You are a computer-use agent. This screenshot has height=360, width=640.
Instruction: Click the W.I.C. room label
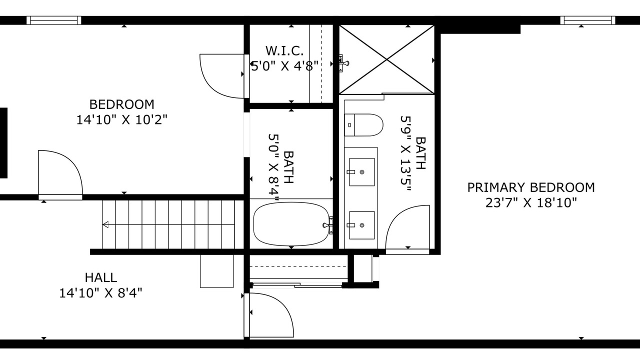click(284, 51)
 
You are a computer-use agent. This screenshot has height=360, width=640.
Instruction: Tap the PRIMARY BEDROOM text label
click(531, 187)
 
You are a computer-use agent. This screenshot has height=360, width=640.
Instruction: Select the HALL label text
click(101, 277)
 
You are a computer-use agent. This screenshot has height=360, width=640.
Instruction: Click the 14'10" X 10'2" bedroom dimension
click(121, 119)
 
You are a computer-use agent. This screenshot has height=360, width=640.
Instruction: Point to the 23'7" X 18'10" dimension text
click(531, 203)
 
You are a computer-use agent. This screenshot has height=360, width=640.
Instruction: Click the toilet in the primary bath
click(363, 125)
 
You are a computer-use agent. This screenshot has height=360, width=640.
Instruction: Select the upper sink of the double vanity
click(362, 172)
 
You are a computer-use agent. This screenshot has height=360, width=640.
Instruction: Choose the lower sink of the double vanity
click(362, 225)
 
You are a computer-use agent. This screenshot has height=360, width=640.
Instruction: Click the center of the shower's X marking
click(386, 59)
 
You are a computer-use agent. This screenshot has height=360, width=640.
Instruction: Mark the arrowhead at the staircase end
click(105, 224)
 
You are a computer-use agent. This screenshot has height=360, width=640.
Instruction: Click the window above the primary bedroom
click(587, 20)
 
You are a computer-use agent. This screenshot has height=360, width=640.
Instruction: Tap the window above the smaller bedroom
click(54, 20)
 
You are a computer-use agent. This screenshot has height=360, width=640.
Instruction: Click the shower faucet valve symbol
click(343, 63)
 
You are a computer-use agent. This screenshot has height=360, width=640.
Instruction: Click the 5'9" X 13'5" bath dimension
click(405, 153)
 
